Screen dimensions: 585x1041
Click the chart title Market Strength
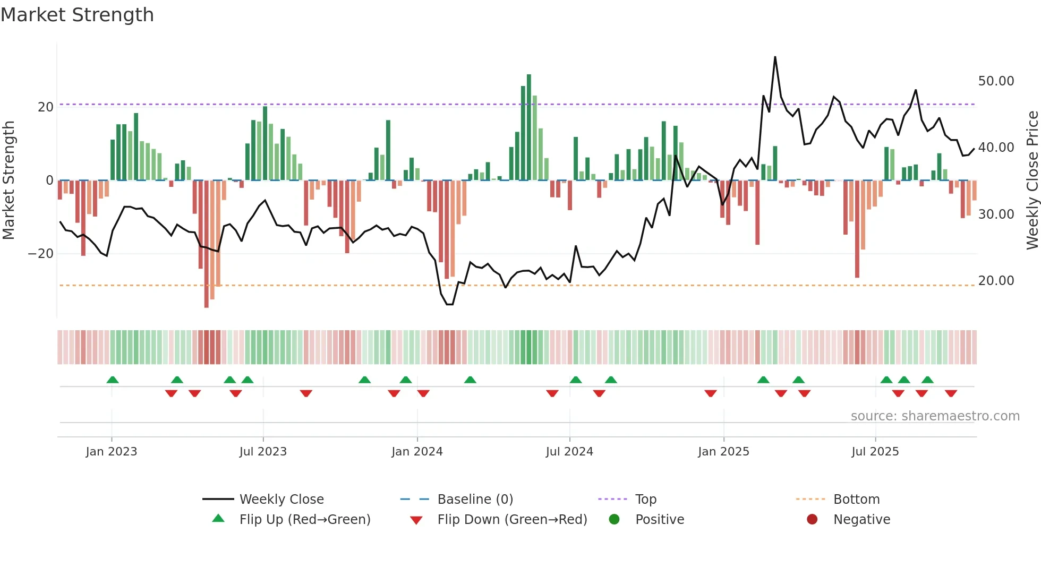coord(77,15)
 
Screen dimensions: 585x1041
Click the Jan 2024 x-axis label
coord(417,452)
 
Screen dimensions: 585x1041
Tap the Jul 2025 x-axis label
coord(875,452)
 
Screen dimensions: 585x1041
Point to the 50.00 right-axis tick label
coord(996,81)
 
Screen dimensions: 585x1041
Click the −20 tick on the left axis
coord(40,254)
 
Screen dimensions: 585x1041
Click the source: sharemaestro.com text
coord(935,416)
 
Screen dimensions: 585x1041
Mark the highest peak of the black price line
coord(775,57)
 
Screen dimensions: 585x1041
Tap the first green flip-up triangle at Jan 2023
coord(113,380)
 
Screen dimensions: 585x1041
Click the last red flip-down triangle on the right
coord(951,393)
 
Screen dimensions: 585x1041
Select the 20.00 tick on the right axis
coord(996,281)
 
